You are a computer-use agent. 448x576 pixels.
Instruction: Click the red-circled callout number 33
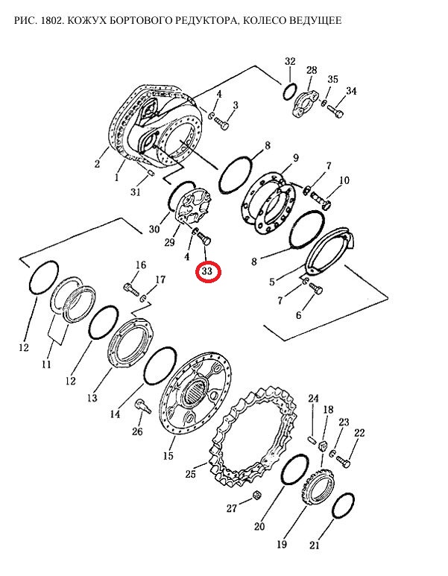click(x=209, y=272)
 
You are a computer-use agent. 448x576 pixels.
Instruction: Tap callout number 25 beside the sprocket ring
click(x=191, y=474)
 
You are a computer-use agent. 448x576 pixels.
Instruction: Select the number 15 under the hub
click(x=168, y=456)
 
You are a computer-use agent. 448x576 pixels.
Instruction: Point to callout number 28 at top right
click(x=312, y=70)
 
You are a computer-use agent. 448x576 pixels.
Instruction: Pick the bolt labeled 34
click(x=336, y=110)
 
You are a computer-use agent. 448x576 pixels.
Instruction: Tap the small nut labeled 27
click(x=257, y=495)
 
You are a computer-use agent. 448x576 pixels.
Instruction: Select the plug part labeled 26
click(x=142, y=406)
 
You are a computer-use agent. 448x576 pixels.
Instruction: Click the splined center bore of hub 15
click(x=195, y=392)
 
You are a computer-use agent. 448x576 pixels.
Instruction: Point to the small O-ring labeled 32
click(x=290, y=91)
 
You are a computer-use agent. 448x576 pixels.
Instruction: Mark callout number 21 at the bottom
click(x=315, y=545)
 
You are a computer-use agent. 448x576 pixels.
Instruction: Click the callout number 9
click(x=295, y=158)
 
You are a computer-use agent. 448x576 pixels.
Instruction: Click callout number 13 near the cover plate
click(x=92, y=397)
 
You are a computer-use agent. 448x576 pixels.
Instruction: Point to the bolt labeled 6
click(x=316, y=288)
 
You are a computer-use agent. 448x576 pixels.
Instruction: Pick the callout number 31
click(x=136, y=192)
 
